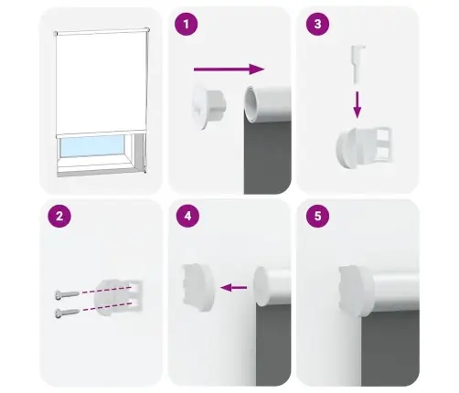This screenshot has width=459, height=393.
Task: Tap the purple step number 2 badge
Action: (59, 218)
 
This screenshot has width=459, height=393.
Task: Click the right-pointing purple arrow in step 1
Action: (229, 68)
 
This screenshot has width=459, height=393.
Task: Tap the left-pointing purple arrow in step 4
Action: (235, 288)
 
